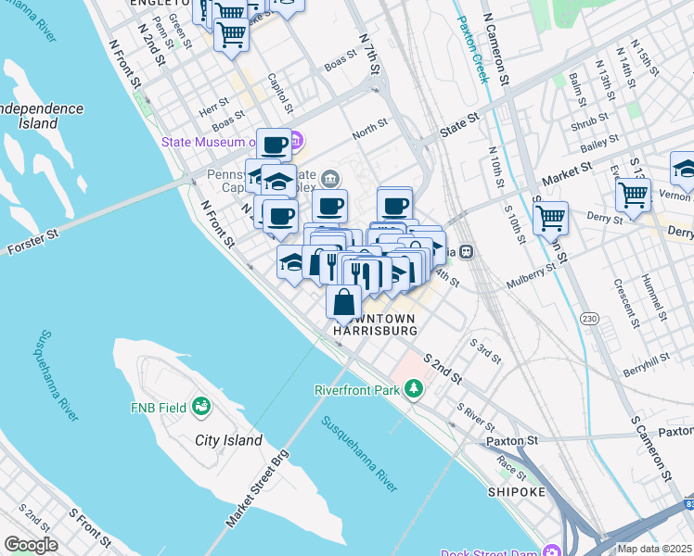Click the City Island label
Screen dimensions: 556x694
point(228,441)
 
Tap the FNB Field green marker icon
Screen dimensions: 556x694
point(200,406)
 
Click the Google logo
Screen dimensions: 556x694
point(32,544)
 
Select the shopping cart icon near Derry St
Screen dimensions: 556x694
point(633,196)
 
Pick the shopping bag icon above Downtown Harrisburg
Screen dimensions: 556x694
point(344,302)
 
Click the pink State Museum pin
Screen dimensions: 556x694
point(295,142)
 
